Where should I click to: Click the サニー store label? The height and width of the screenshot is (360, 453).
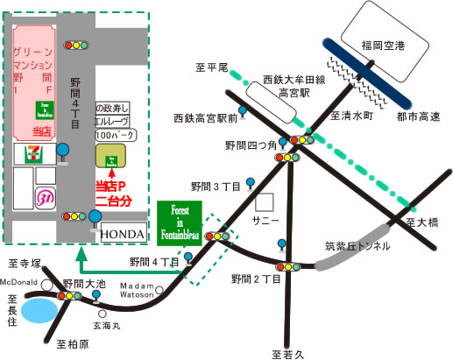(x=265, y=216)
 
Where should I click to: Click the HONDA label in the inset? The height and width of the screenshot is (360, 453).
(x=120, y=235)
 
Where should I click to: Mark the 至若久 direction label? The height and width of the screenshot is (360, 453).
(x=287, y=353)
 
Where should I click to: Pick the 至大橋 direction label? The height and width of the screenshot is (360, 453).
(x=424, y=224)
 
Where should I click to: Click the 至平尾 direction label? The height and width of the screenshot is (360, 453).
(x=210, y=67)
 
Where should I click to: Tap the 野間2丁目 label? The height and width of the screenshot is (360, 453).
(x=255, y=279)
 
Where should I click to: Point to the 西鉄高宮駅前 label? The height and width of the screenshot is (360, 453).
(x=202, y=117)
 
